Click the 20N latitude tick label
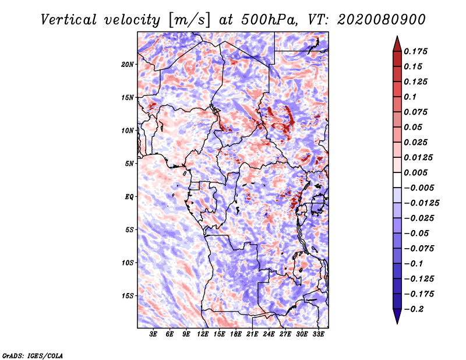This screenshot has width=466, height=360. (x=128, y=64)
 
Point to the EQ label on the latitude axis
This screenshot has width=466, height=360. (x=129, y=197)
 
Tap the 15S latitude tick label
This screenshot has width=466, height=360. (x=128, y=296)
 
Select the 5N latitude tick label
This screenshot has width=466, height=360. (x=129, y=164)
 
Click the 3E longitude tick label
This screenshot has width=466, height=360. (x=154, y=334)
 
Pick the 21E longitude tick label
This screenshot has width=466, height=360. (x=252, y=334)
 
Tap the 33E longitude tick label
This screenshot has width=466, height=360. (x=318, y=334)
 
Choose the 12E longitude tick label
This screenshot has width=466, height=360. (x=203, y=334)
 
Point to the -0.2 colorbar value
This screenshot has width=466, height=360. (x=415, y=309)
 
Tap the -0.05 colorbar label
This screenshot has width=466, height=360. (x=417, y=233)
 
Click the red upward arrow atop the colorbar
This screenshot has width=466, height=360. (x=396, y=43)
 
